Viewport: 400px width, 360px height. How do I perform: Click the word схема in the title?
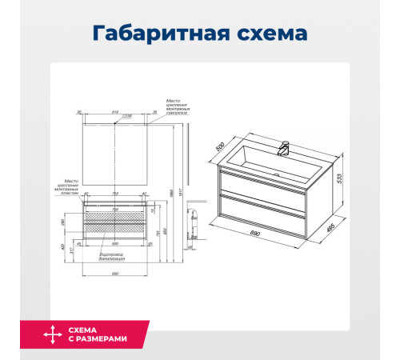(265, 34)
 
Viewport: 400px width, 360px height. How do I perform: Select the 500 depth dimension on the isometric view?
(223, 148)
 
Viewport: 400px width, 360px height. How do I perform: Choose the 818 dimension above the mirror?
(114, 112)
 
